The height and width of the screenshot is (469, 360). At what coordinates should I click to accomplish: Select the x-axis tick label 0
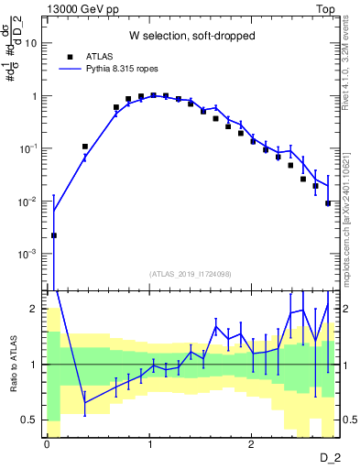(47, 442)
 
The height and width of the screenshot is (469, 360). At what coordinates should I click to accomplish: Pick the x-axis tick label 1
(148, 442)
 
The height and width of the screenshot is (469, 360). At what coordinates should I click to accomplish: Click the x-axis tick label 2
(251, 442)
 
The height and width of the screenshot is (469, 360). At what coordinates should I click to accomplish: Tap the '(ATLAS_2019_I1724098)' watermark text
(191, 274)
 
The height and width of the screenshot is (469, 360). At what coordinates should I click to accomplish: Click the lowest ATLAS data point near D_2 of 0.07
(54, 235)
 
